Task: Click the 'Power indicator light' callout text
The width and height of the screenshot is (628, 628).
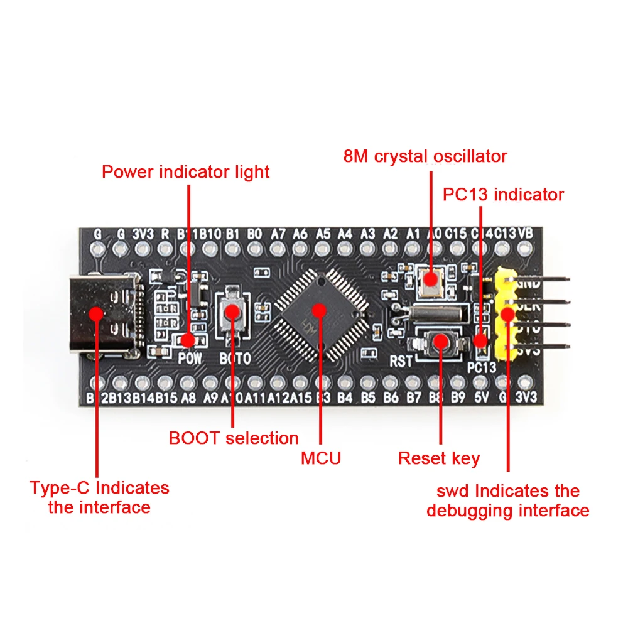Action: [186, 172]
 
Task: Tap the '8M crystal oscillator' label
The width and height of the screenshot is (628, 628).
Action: [425, 156]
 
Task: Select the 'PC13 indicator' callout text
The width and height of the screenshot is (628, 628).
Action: [503, 195]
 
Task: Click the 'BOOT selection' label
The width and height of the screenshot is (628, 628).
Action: [234, 438]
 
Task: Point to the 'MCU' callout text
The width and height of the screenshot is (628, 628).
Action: [321, 458]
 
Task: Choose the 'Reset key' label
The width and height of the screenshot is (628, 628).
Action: [439, 458]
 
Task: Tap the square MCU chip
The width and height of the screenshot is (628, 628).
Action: [320, 309]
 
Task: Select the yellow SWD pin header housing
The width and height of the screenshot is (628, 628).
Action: [506, 312]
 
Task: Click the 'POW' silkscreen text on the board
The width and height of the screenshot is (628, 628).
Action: [188, 359]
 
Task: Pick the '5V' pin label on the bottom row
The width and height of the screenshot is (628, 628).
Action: [480, 398]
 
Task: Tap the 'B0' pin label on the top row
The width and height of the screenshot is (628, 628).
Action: [254, 234]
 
